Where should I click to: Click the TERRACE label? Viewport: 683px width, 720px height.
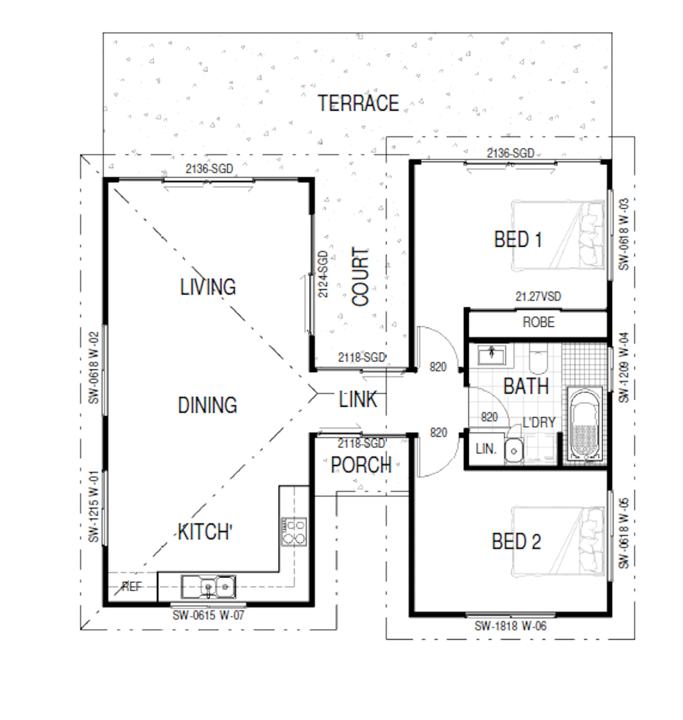[x=358, y=103]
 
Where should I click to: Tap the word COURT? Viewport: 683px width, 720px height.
[x=360, y=277]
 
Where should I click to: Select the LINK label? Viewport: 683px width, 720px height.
[x=358, y=399]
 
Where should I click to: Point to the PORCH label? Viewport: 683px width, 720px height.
[x=361, y=465]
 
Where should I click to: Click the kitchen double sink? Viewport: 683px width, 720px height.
[x=208, y=587]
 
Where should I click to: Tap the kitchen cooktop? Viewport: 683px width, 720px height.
[x=294, y=532]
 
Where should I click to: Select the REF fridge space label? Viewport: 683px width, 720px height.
[x=132, y=587]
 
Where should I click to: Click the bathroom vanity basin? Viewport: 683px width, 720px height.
[x=492, y=355]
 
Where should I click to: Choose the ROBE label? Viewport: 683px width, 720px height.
[x=538, y=322]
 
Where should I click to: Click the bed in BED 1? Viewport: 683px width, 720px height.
[x=558, y=235]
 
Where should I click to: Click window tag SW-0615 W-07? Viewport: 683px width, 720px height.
[x=208, y=615]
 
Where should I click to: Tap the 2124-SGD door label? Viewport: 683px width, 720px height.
[x=323, y=274]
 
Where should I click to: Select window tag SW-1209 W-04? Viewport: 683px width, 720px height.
[x=623, y=367]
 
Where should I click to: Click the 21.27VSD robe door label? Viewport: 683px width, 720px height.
[x=538, y=296]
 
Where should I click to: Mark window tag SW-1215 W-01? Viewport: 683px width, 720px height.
[x=94, y=506]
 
